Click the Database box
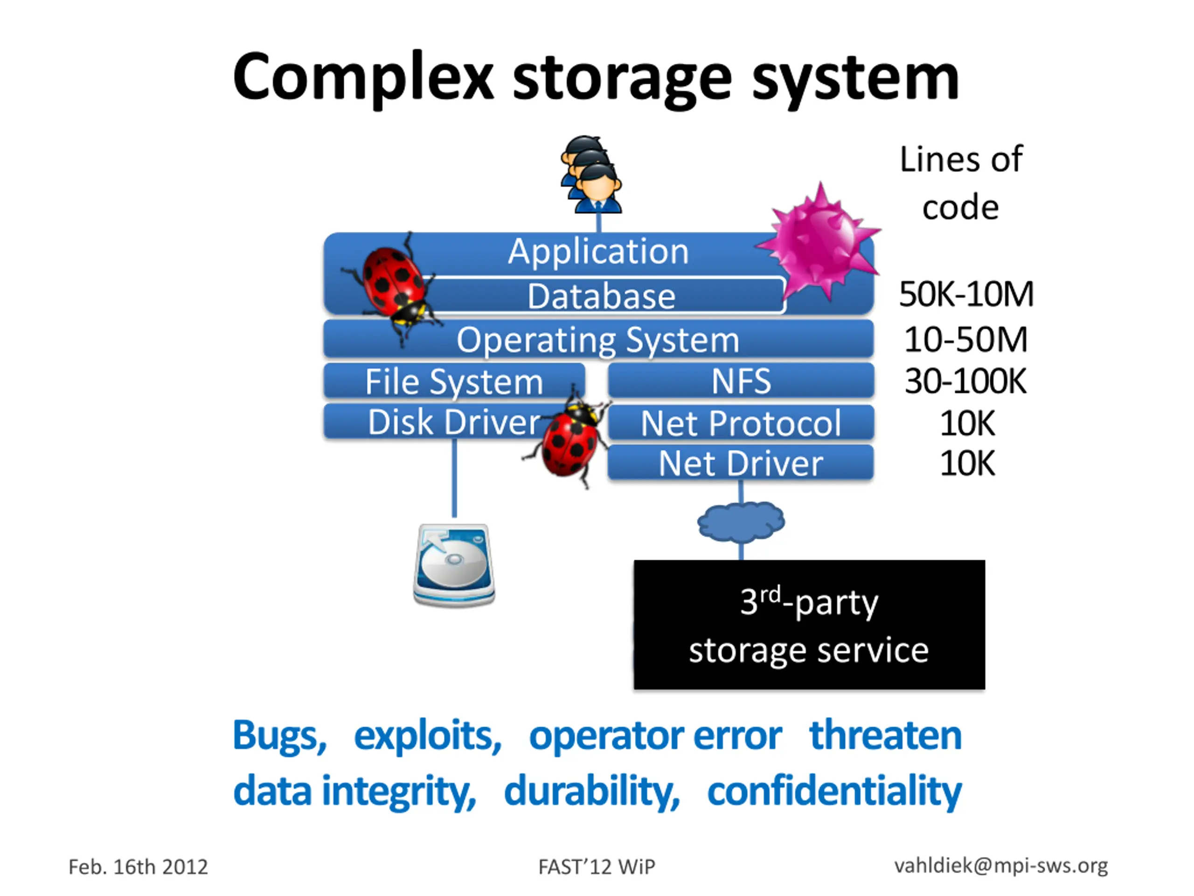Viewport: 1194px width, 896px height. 602,295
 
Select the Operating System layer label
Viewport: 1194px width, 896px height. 598,340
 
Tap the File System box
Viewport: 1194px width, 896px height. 454,381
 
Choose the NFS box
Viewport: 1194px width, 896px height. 741,381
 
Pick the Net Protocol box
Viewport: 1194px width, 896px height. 741,422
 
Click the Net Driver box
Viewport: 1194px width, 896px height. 741,463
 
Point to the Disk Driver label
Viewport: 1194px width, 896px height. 454,422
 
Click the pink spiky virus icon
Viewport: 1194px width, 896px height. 819,241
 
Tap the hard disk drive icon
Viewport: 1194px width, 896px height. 454,565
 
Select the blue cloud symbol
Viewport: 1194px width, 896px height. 741,521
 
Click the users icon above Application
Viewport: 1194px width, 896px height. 591,175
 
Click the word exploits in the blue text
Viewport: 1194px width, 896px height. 428,736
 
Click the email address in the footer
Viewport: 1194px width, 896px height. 1001,866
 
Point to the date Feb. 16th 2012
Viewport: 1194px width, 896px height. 138,867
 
